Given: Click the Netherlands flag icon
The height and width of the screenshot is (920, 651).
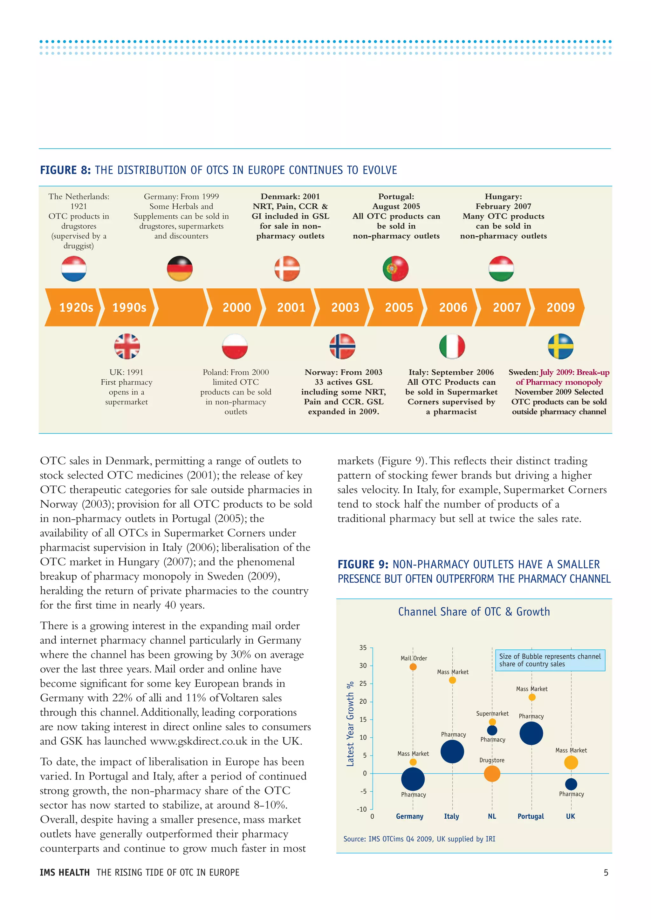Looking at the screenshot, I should point(74,268).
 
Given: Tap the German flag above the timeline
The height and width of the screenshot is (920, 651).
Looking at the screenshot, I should point(180,268).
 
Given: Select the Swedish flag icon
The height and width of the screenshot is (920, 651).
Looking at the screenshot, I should point(560,346).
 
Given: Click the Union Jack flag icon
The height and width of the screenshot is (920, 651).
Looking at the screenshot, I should point(127,346).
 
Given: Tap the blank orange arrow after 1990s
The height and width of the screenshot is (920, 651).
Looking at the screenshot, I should point(180,307).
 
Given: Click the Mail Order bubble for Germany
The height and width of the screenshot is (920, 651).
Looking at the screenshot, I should point(413,667).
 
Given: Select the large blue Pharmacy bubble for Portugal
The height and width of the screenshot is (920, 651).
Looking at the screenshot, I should point(531,733).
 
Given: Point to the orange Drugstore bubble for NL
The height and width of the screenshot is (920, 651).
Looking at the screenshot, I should point(492,774).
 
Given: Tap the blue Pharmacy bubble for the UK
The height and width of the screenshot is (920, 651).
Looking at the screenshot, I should point(571,784).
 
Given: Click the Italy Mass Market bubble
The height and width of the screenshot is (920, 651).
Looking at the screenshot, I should point(452,680).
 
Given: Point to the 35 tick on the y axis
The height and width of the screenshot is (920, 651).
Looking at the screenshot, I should point(363,647).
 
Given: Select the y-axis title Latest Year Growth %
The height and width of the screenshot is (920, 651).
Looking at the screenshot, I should point(350,724).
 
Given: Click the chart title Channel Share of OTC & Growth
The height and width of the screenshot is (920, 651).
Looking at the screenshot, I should point(474,612).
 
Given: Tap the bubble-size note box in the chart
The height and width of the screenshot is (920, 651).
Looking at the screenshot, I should point(550,660).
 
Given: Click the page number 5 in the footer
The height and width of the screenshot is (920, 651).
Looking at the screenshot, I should point(606,872).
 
